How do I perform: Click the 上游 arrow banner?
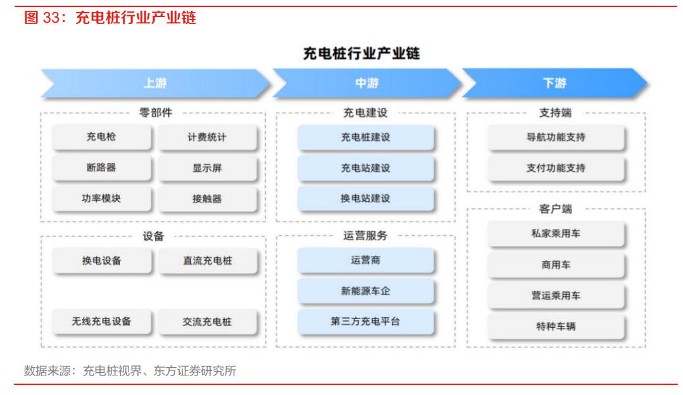coord(155,83)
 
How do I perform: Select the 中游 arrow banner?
coord(367,83)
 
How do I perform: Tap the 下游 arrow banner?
coord(555,83)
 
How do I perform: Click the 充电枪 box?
coord(101,137)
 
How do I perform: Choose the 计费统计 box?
coord(208,138)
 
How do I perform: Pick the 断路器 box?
coord(101,167)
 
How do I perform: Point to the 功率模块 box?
coord(101,198)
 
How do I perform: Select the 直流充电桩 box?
coord(208,260)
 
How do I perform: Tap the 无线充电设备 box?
coord(101,322)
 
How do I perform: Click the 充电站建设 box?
coord(365,168)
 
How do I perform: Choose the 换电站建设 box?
coord(365,198)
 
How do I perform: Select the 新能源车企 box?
coord(365,291)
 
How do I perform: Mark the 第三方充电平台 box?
coord(365,322)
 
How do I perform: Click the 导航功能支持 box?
coord(556,138)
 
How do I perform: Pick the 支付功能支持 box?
coord(556,168)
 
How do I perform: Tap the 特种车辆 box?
coord(556,326)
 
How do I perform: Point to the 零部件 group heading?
coord(156,113)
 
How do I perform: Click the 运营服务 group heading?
coord(365,236)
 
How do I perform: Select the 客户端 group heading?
coord(555,209)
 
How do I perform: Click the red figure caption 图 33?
coord(42,18)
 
